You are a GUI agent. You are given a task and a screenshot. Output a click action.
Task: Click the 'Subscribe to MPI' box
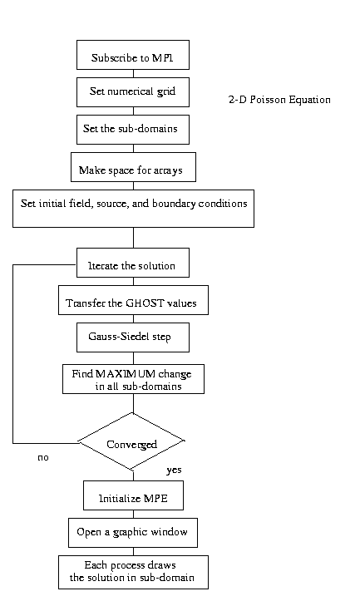point(133,55)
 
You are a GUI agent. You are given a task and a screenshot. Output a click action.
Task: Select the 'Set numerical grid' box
point(133,92)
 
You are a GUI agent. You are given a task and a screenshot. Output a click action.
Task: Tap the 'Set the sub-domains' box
point(133,130)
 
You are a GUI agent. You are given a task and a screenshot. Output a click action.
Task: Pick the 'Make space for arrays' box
point(133,167)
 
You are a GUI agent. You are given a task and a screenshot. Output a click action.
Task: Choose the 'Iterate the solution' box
point(133,263)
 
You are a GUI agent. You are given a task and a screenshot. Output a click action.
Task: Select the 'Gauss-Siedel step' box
point(133,337)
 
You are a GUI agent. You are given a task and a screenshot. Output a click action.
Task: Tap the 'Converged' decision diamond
point(131,441)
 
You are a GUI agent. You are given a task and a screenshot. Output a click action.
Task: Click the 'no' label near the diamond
point(43,458)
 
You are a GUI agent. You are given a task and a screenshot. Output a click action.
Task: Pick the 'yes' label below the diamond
point(174,470)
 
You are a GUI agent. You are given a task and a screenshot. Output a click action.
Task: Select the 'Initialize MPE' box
point(133,495)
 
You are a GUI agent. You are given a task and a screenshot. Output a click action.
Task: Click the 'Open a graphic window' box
point(133,533)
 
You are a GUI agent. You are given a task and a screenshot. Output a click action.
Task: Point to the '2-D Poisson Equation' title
point(279,100)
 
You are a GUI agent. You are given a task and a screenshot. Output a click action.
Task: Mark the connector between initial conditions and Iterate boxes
point(133,238)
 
